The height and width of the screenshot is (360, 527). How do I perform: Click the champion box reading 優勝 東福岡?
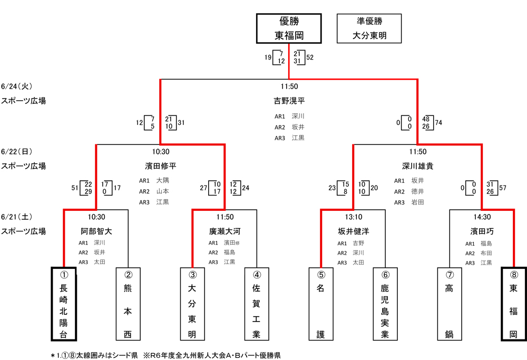pos(289,28)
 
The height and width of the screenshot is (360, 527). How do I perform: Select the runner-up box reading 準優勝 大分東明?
pos(369,28)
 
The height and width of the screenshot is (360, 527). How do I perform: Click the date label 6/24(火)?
pos(17,86)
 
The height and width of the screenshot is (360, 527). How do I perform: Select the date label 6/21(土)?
pos(17,217)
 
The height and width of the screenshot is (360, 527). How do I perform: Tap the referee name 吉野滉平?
pos(289,100)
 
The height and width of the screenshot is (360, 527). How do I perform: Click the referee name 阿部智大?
pos(96,231)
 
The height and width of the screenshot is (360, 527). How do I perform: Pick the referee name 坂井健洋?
pos(353,231)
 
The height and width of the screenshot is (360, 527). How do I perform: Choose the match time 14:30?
pos(481,217)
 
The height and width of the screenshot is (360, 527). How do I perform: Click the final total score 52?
pos(310,57)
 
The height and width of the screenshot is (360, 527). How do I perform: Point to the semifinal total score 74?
pos(438,123)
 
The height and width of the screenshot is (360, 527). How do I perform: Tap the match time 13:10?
pos(353,217)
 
